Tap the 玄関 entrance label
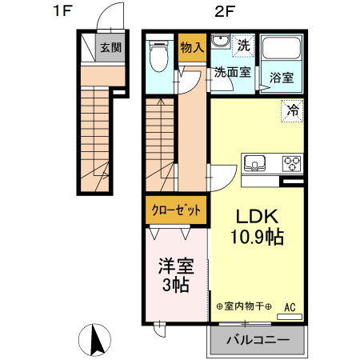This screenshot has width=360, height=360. click(x=110, y=47)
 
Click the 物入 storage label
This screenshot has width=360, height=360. click(x=192, y=47)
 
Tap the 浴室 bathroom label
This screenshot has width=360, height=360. click(x=281, y=78)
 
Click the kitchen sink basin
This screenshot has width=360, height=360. click(x=255, y=164)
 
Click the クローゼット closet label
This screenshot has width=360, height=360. click(x=176, y=210)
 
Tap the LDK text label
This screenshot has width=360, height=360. click(x=255, y=216)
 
